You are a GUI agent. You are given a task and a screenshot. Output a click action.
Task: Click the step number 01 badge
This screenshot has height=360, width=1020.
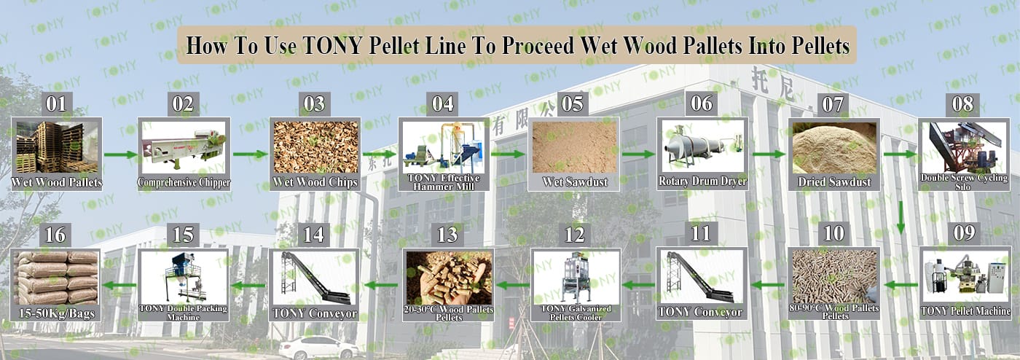[56, 104]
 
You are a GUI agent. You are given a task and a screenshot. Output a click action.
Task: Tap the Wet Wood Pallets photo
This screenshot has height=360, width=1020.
[57, 147]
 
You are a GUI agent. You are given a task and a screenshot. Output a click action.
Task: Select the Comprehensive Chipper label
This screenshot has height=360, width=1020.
[184, 182]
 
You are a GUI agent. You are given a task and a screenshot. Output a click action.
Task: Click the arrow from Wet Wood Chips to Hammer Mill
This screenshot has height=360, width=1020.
[380, 154]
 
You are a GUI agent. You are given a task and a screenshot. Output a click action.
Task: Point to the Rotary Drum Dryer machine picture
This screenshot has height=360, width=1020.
[702, 146]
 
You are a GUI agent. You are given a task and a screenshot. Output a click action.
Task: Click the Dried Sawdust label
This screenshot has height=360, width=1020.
[834, 182]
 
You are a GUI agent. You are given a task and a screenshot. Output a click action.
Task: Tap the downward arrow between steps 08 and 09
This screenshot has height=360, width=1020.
[901, 218]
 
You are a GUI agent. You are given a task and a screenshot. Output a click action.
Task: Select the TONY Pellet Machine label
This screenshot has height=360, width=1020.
[965, 310]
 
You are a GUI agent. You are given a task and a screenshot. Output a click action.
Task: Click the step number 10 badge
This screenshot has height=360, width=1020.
[833, 234]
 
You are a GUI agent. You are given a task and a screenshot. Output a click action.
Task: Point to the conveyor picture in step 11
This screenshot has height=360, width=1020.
[701, 277]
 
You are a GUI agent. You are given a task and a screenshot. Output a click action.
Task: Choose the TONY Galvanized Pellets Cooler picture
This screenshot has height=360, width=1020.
[576, 278]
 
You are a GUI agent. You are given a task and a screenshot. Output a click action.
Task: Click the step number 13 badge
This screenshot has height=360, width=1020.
[447, 235]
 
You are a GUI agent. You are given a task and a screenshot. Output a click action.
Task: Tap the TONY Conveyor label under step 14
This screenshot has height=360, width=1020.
[315, 313]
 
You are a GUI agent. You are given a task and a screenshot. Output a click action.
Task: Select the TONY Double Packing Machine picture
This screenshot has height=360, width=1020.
[184, 278]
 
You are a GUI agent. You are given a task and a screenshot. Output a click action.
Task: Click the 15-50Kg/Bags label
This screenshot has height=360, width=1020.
[57, 313]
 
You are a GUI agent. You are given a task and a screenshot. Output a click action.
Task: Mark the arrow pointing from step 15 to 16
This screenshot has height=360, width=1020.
[119, 286]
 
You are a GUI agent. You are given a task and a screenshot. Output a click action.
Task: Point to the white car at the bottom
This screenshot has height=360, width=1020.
[319, 348]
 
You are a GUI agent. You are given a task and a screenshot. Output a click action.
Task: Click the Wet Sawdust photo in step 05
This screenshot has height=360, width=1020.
[574, 147]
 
